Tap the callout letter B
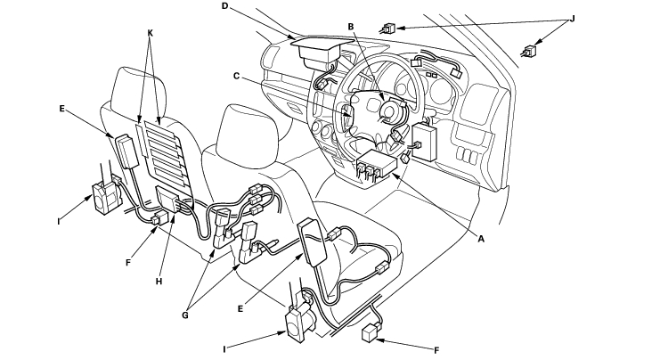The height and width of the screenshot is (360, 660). click(x=353, y=28)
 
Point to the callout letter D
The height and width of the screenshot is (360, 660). click(x=225, y=5)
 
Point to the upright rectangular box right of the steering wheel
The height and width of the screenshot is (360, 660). click(x=426, y=139)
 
